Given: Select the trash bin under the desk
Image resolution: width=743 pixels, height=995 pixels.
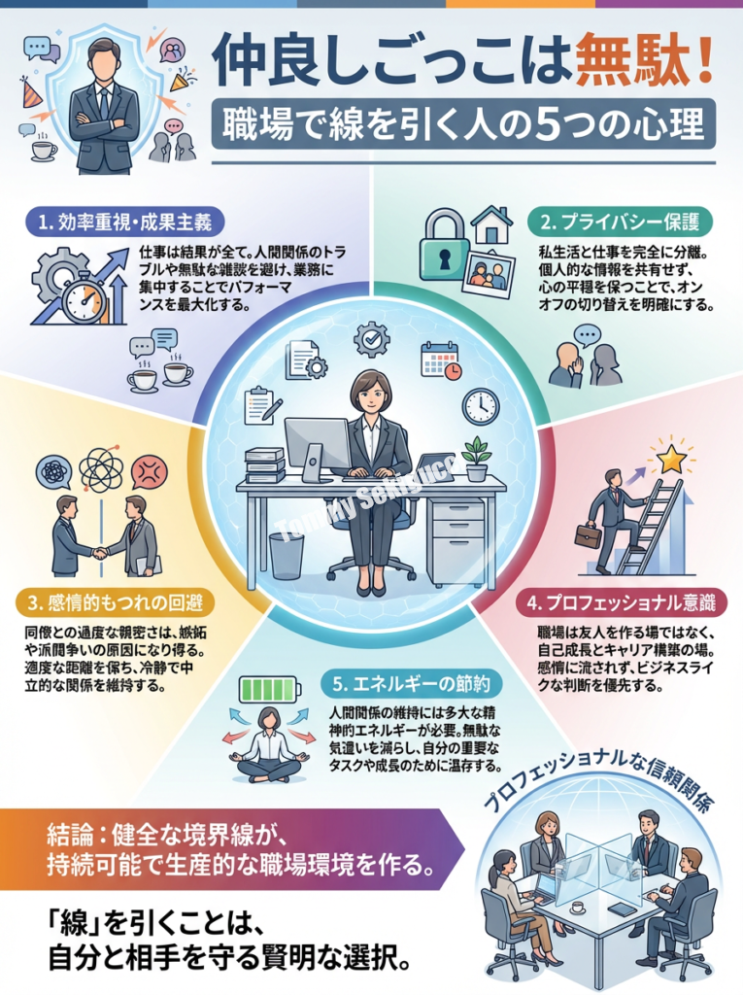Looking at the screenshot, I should [287, 555].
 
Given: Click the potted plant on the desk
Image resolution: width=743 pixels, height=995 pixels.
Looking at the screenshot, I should [476, 458].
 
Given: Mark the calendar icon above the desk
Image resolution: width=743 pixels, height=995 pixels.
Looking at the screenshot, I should [440, 360].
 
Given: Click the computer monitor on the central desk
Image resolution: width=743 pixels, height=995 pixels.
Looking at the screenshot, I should [317, 444].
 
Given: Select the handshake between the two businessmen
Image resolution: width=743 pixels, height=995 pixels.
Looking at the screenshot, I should [99, 553].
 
